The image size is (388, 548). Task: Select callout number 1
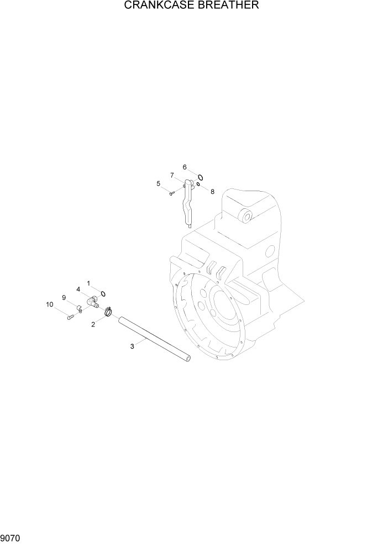[87, 283]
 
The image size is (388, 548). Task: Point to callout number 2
[93, 325]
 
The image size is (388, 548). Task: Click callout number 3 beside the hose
[132, 346]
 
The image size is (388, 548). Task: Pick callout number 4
[78, 289]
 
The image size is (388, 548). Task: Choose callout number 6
[185, 167]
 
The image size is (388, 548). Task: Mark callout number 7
[172, 175]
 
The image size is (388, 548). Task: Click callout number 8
[211, 192]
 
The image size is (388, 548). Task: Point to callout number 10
[50, 304]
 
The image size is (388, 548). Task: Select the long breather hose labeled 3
[155, 340]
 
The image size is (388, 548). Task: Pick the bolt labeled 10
[70, 317]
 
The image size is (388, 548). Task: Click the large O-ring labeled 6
[201, 177]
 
